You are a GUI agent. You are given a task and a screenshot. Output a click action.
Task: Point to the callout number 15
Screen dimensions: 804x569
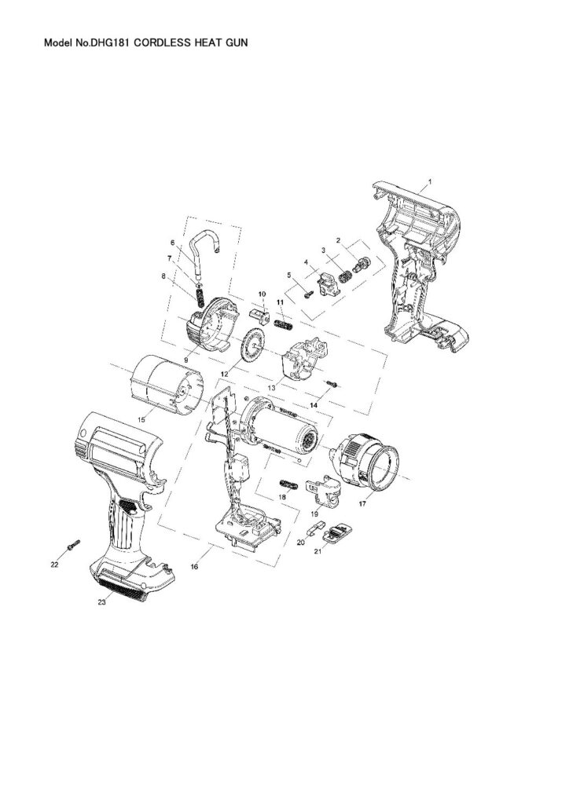pos(142,420)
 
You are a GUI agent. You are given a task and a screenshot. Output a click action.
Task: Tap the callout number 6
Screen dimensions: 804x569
pos(172,243)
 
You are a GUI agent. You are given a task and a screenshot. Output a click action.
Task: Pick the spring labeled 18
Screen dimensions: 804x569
pos(287,481)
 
